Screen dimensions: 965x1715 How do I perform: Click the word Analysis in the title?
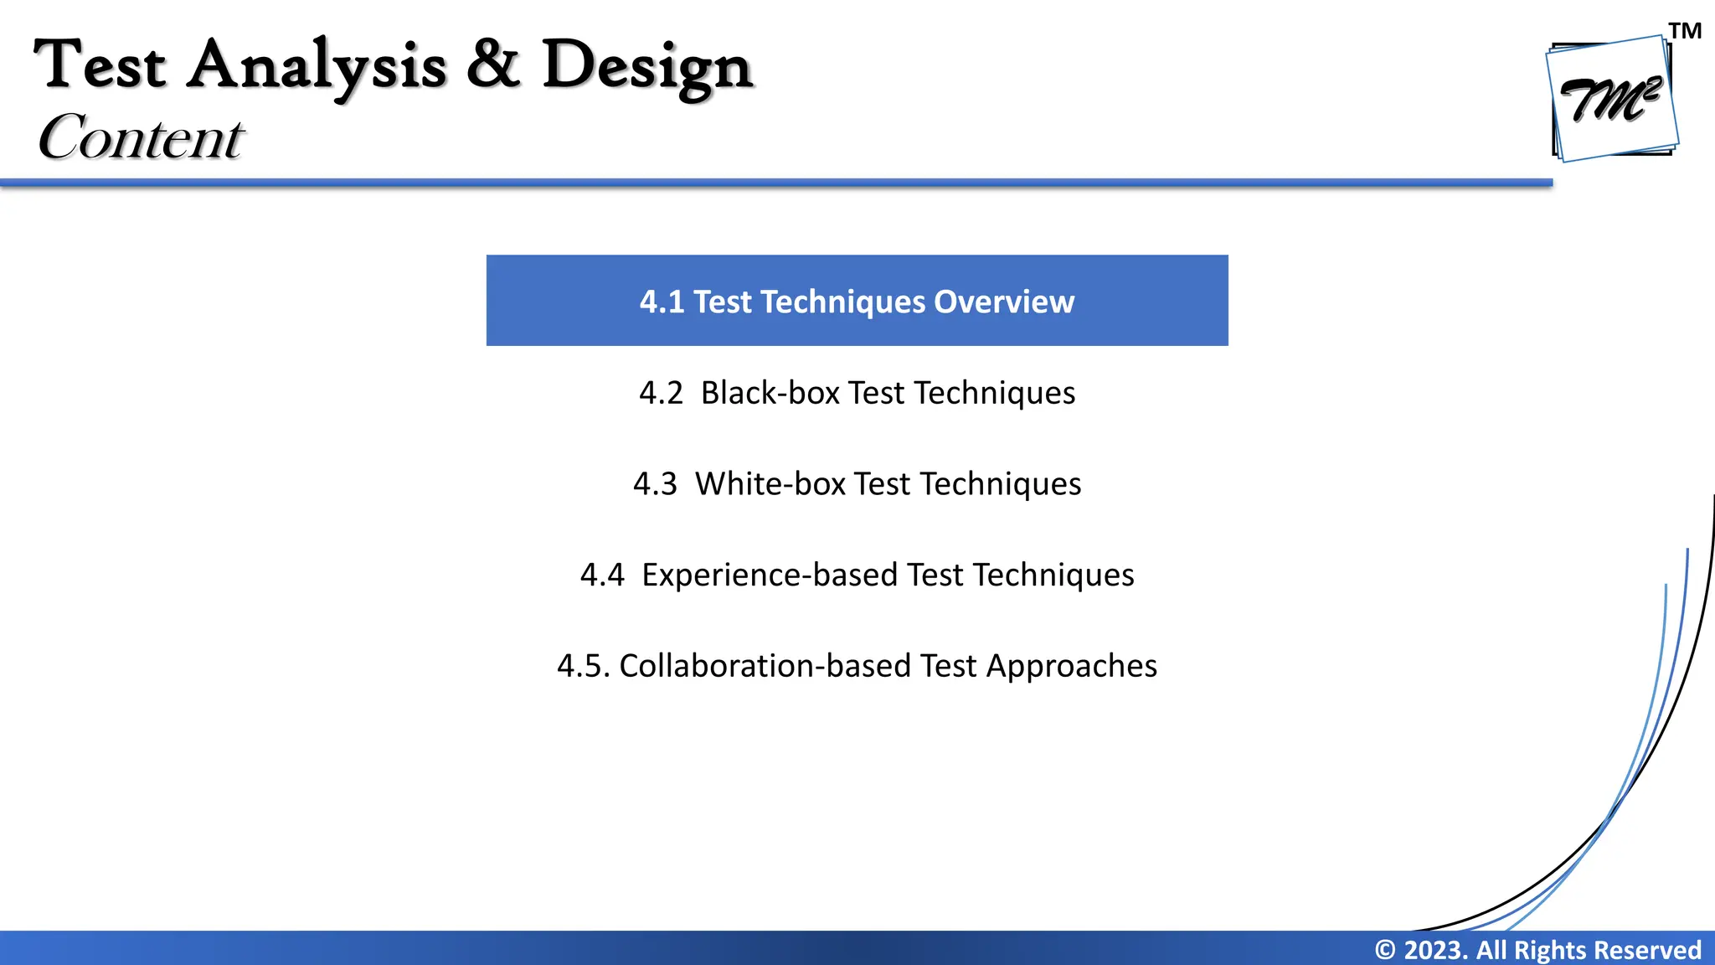pyautogui.click(x=316, y=67)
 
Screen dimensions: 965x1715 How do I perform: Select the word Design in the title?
pyautogui.click(x=647, y=67)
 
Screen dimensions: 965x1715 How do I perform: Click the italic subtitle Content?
pyautogui.click(x=141, y=137)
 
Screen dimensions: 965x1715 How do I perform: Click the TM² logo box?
pyautogui.click(x=1612, y=99)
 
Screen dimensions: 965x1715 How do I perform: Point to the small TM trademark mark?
pyautogui.click(x=1685, y=31)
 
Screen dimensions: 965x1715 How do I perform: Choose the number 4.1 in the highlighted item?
pyautogui.click(x=662, y=302)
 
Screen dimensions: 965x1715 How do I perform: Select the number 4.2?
pyautogui.click(x=661, y=393)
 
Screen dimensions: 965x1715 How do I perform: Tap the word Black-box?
pyautogui.click(x=770, y=393)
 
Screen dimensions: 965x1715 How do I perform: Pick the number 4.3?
pyautogui.click(x=655, y=484)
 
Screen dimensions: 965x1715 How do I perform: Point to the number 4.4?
pyautogui.click(x=602, y=575)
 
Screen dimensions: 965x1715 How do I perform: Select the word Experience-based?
pyautogui.click(x=769, y=575)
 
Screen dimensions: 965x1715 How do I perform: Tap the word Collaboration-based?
pyautogui.click(x=764, y=666)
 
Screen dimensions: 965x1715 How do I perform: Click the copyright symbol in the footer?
pyautogui.click(x=1385, y=950)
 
